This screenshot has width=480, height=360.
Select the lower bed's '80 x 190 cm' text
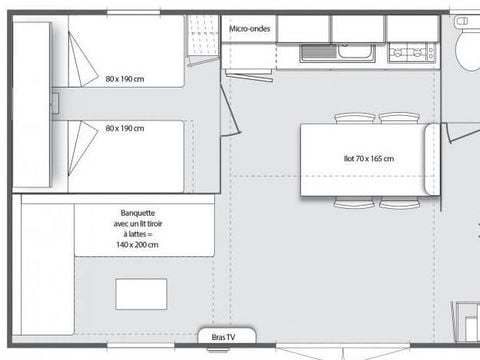pos(125,129)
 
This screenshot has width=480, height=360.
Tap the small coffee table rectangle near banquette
pos(141,294)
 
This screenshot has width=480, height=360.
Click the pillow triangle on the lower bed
pos(81,141)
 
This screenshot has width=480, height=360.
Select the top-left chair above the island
pos(354,117)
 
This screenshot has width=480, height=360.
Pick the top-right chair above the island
pos(399,117)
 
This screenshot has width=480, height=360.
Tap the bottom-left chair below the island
pos(354,203)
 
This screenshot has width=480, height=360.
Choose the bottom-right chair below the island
pos(399,203)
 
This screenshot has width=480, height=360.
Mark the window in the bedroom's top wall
pos(133,12)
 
